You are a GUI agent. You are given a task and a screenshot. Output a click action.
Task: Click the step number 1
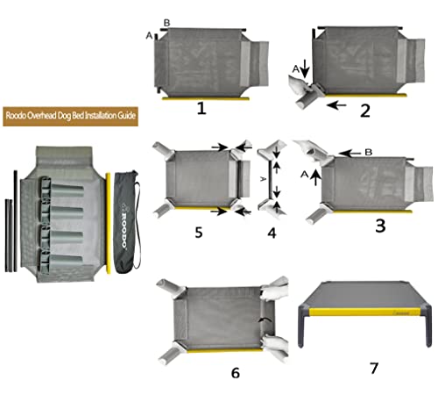(201, 110)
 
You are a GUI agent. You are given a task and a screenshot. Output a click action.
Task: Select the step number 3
(379, 226)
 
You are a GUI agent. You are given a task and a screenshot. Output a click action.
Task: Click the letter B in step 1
(167, 22)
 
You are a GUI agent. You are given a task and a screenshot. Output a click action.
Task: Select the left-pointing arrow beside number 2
(335, 106)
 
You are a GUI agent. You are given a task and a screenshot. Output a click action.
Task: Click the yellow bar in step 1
(201, 97)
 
